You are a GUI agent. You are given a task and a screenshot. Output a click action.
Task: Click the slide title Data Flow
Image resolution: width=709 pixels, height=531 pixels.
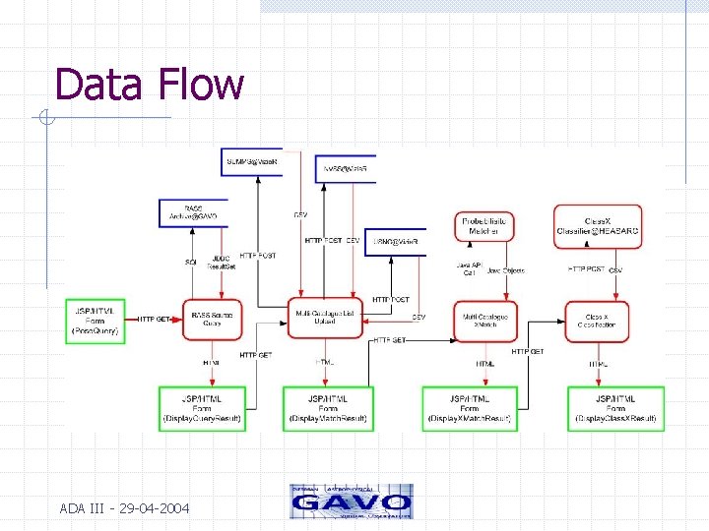point(149,85)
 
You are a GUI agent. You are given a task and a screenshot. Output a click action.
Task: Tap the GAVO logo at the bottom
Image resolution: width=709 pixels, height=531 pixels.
point(351,501)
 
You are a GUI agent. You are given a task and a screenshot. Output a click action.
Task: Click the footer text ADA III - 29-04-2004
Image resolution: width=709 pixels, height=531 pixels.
point(125,508)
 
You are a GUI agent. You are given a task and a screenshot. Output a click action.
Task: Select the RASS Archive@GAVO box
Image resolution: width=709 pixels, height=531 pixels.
point(193,212)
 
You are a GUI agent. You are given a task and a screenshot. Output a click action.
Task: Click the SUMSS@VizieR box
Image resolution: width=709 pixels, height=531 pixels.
point(253,161)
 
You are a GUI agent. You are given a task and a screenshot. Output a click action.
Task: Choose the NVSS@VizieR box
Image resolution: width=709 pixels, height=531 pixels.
point(346,169)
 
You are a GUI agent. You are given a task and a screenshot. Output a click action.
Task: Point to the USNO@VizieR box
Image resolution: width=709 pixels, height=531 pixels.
point(396,241)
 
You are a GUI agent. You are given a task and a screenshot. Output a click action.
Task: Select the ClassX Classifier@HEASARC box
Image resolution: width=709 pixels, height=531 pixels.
point(597,225)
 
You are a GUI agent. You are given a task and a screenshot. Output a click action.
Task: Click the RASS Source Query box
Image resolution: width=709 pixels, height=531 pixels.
point(212,319)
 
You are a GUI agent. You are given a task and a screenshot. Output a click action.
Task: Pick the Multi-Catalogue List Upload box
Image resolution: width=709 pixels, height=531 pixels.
point(325,319)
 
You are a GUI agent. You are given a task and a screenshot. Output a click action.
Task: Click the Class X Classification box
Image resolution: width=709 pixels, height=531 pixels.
point(597,319)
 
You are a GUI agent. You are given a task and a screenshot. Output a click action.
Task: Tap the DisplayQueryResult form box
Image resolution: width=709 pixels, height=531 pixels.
point(202,408)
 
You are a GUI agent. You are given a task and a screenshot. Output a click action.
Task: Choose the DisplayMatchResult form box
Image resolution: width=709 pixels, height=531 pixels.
point(328,408)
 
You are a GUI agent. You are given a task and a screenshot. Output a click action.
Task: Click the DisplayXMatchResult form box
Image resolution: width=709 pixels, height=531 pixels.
point(470,408)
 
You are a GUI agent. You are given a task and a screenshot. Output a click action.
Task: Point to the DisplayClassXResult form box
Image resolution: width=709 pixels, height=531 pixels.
point(615,408)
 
